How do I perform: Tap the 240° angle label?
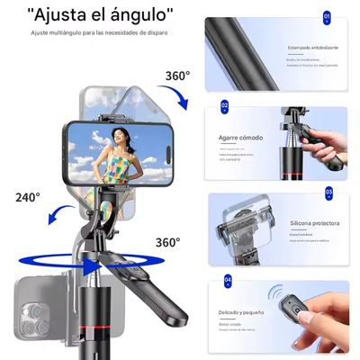28,196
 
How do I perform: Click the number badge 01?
328,16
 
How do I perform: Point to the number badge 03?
328,193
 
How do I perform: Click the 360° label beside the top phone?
176,75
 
